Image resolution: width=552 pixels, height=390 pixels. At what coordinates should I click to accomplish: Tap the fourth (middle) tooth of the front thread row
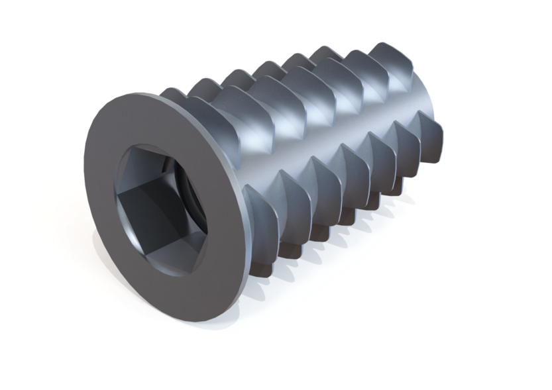click(x=354, y=159)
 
